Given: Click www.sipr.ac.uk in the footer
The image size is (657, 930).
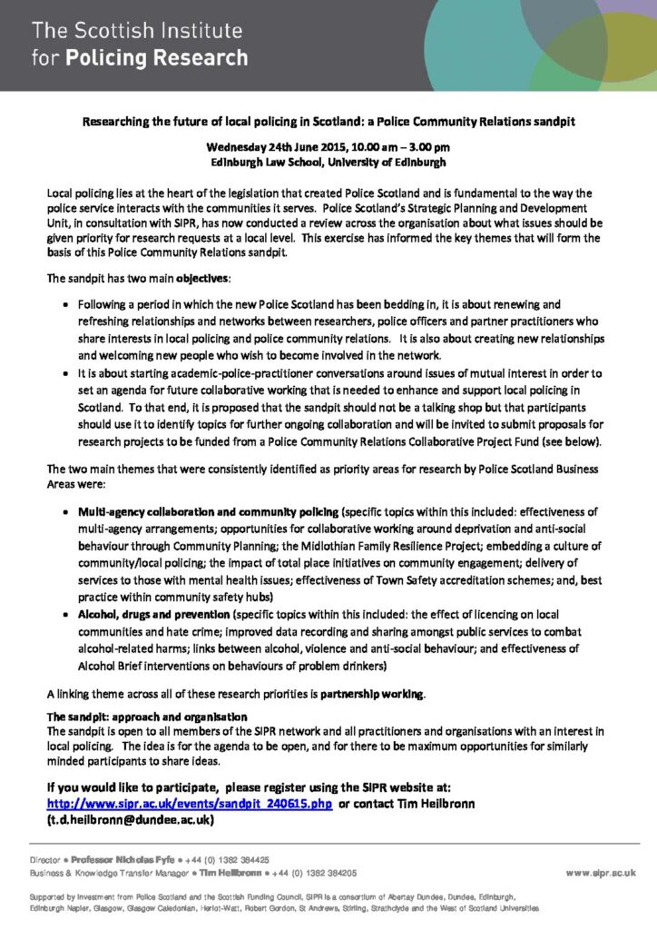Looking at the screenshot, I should pos(600,872).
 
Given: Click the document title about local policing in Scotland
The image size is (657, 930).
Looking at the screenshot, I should pos(328,120).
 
